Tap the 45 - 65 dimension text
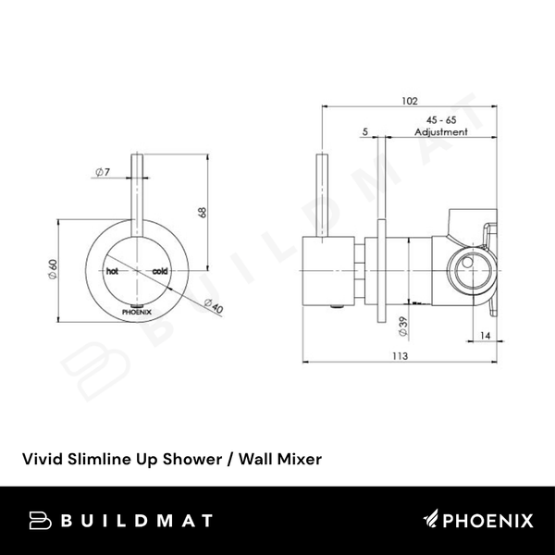pos(439,121)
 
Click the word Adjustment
pos(441,133)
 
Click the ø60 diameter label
pos(54,270)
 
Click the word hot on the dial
pos(112,272)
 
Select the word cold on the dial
pos(158,272)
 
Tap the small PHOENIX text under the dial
pos(137,314)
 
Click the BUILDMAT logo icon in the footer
pos(40,523)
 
